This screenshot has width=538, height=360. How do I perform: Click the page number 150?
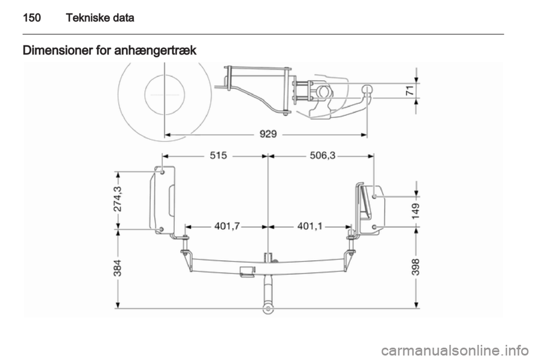click(32, 17)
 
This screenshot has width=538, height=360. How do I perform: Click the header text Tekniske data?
click(100, 17)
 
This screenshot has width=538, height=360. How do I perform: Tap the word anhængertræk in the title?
click(155, 51)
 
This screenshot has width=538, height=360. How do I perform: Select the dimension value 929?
click(268, 134)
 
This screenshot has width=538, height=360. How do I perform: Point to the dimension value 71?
click(410, 91)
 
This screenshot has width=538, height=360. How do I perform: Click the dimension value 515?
click(218, 155)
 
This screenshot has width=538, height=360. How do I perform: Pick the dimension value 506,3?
click(323, 155)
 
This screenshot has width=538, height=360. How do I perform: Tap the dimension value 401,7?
click(228, 226)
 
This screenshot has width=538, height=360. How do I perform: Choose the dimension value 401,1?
click(310, 226)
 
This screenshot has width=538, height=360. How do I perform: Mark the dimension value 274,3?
click(118, 199)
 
